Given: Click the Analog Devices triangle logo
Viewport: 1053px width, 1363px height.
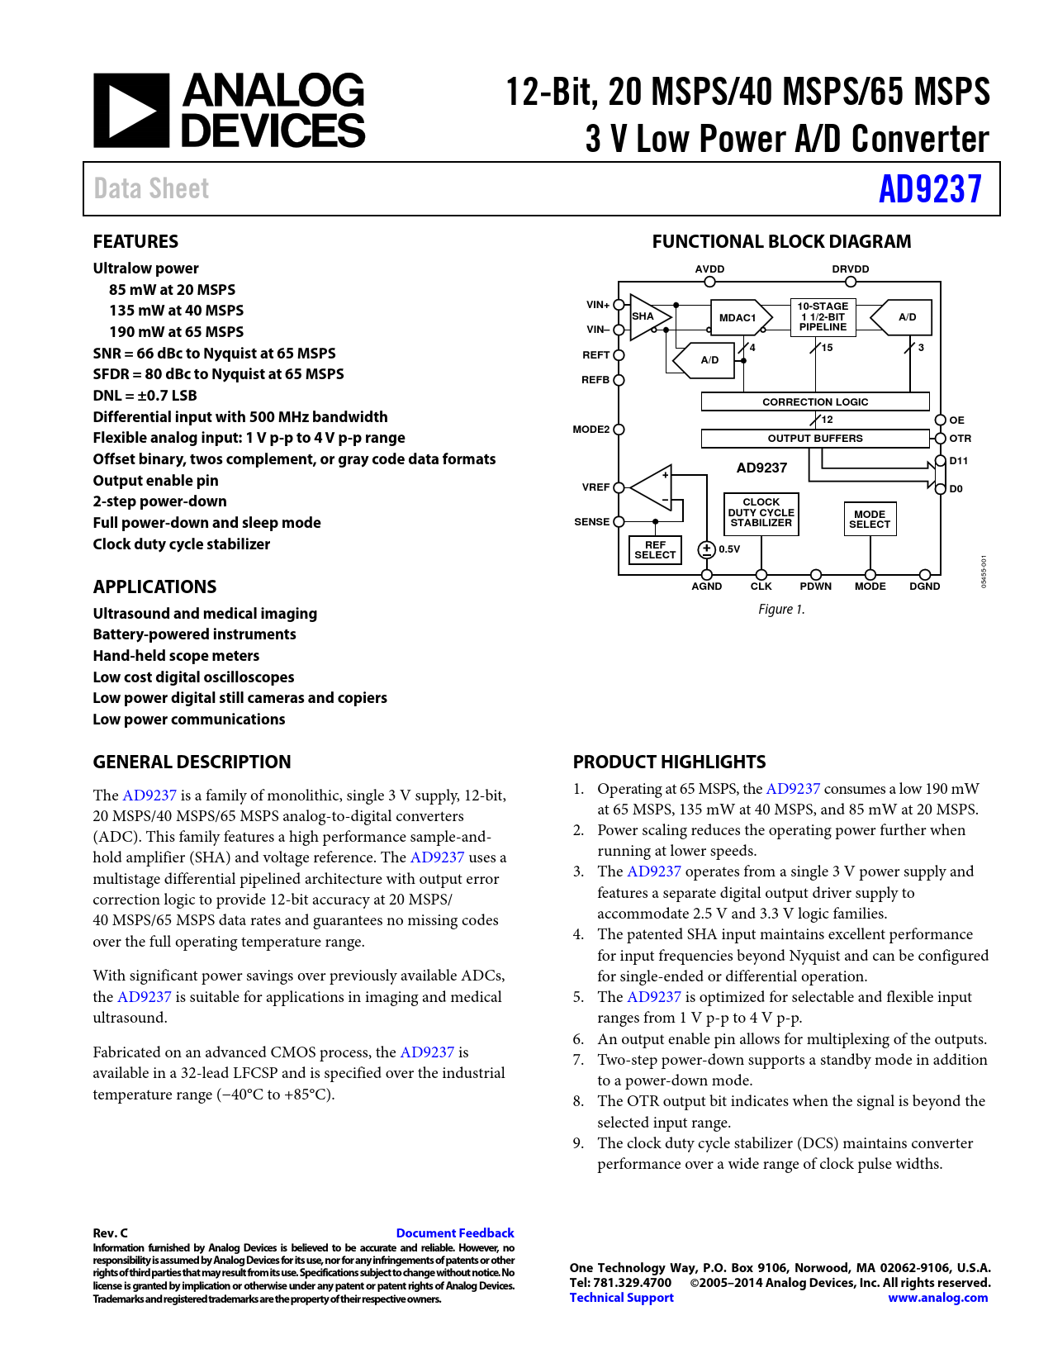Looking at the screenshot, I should pyautogui.click(x=130, y=111).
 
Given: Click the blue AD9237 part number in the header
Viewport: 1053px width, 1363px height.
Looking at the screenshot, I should pyautogui.click(x=929, y=189).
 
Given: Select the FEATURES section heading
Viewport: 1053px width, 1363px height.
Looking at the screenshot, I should pyautogui.click(x=135, y=241).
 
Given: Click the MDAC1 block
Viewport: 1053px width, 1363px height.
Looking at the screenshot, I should pyautogui.click(x=738, y=317).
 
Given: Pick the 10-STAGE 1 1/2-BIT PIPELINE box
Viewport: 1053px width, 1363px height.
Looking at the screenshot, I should pyautogui.click(x=823, y=316).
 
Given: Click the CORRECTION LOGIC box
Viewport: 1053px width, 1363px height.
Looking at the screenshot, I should pyautogui.click(x=815, y=401).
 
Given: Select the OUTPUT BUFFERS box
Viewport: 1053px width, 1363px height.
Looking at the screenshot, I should pyautogui.click(x=815, y=438).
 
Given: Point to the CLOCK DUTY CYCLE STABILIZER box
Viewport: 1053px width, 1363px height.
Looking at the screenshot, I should pyautogui.click(x=761, y=513).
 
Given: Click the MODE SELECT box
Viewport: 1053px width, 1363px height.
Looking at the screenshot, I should pyautogui.click(x=870, y=520).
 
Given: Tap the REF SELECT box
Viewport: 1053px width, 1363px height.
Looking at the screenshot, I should pyautogui.click(x=655, y=550).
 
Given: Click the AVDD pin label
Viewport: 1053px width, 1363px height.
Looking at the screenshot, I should pyautogui.click(x=709, y=269).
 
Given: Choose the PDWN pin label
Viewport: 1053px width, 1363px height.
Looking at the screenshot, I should pyautogui.click(x=815, y=587).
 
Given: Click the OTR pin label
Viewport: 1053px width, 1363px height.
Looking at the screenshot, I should pyautogui.click(x=960, y=439).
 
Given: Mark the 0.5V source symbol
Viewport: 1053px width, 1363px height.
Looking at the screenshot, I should pyautogui.click(x=707, y=549).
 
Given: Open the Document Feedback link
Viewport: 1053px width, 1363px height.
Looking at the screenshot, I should pyautogui.click(x=455, y=1232).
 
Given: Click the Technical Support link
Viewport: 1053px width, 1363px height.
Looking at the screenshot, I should pyautogui.click(x=621, y=1298).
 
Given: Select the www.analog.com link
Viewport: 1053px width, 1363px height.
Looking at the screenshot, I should pyautogui.click(x=937, y=1298).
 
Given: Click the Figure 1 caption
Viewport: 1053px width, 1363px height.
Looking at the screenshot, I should pyautogui.click(x=781, y=610).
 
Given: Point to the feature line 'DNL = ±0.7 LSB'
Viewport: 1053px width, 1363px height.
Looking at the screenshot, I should pyautogui.click(x=145, y=396).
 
